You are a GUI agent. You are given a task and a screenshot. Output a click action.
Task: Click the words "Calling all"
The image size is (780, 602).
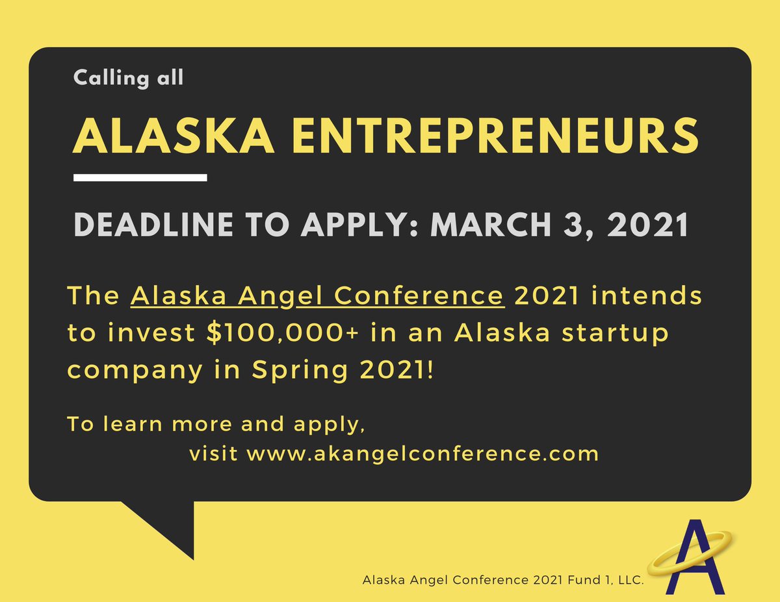click(x=129, y=78)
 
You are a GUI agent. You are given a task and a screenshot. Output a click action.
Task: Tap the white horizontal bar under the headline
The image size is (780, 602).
click(x=140, y=177)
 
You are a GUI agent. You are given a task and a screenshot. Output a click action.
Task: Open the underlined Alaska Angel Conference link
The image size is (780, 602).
click(x=318, y=296)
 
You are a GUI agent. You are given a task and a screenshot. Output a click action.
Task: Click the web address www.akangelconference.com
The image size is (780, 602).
click(x=422, y=453)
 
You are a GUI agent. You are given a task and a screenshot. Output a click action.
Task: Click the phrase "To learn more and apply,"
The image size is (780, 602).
click(x=215, y=424)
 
